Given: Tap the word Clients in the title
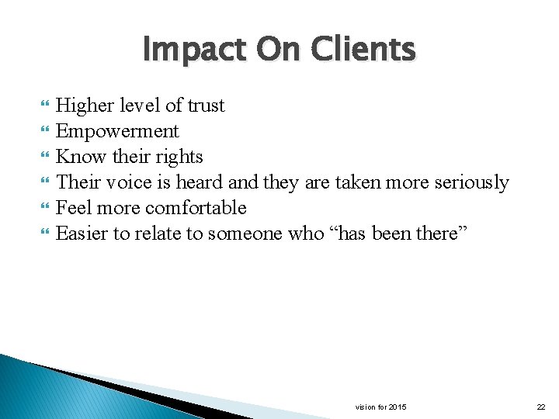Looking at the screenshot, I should (x=362, y=50).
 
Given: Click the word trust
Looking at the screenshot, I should (x=206, y=106).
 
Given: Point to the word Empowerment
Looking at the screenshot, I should (x=117, y=131).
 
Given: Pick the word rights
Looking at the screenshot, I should (x=179, y=157).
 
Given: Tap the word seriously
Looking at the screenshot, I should (x=470, y=182).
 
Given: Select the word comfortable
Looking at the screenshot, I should (x=196, y=208).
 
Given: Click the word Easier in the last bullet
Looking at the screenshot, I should (x=82, y=234).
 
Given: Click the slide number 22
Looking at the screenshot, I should (x=541, y=407).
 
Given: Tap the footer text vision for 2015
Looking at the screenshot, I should (x=380, y=407).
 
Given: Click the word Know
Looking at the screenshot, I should (x=82, y=157).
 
